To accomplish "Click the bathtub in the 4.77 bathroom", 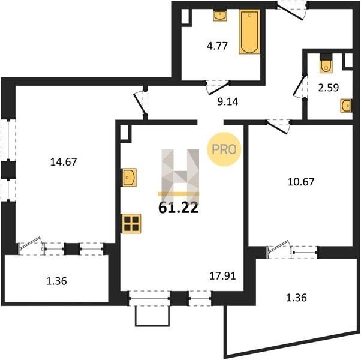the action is [249, 32].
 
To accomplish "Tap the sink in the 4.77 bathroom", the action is [220, 16].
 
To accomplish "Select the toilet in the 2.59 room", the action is [326, 65].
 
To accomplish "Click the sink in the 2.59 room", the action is [346, 106].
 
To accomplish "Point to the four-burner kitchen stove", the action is [131, 223].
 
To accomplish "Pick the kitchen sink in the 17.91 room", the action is [129, 178].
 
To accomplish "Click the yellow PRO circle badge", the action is [224, 149].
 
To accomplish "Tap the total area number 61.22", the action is [179, 208].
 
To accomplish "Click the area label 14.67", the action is [64, 161].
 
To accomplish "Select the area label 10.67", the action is [301, 182].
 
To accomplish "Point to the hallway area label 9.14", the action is [228, 101].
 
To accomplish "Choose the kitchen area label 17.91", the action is [222, 276].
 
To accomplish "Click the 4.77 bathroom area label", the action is [217, 46].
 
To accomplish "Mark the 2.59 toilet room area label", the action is [328, 88].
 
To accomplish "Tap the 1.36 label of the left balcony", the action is [56, 281].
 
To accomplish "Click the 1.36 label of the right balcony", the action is [296, 298].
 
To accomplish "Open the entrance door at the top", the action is [291, 10].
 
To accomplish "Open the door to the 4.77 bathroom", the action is [218, 88].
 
